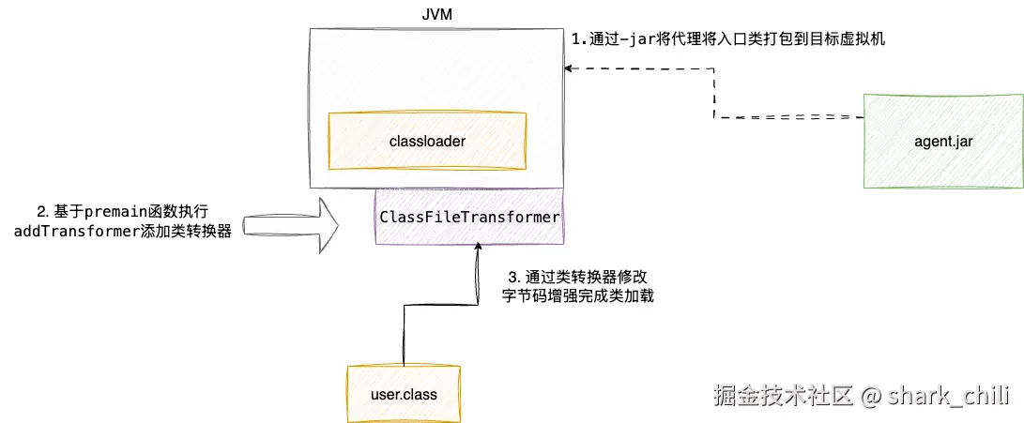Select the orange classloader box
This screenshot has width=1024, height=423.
427,141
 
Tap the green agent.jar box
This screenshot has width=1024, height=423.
943,141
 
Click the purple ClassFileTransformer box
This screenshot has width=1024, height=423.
469,217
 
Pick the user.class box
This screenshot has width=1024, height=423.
404,394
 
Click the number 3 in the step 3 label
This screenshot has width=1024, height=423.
512,278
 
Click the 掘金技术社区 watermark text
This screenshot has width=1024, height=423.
783,396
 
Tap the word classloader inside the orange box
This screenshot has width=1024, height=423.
427,141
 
